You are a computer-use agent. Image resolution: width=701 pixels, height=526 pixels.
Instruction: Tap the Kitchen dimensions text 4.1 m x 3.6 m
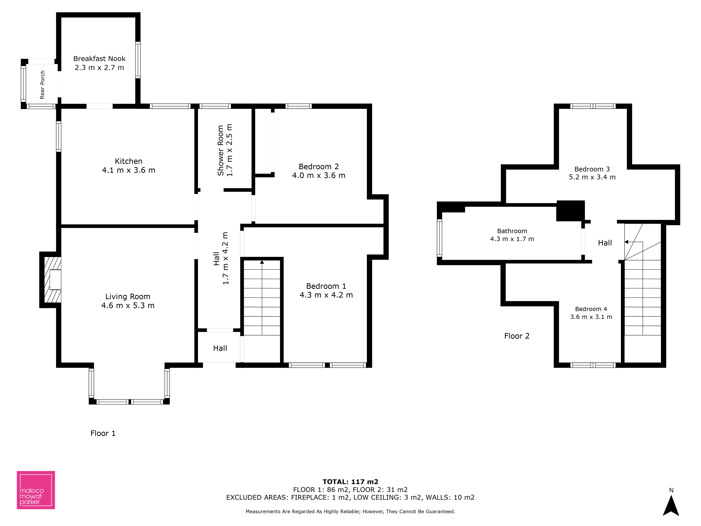pos(128,170)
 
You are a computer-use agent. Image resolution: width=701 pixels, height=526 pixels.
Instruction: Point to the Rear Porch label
pos(42,85)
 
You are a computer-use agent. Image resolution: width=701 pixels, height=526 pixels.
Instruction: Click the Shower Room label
pos(221,150)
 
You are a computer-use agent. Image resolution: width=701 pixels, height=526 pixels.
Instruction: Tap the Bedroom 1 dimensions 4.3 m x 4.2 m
pos(326,295)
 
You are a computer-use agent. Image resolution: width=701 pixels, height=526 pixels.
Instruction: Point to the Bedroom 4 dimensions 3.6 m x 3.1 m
pos(591,317)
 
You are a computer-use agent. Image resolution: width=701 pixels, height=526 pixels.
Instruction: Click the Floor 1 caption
pos(103,433)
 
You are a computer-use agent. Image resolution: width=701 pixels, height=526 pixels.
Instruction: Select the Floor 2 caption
pos(517,336)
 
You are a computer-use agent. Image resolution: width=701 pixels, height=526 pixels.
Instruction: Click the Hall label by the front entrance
pos(220,348)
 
